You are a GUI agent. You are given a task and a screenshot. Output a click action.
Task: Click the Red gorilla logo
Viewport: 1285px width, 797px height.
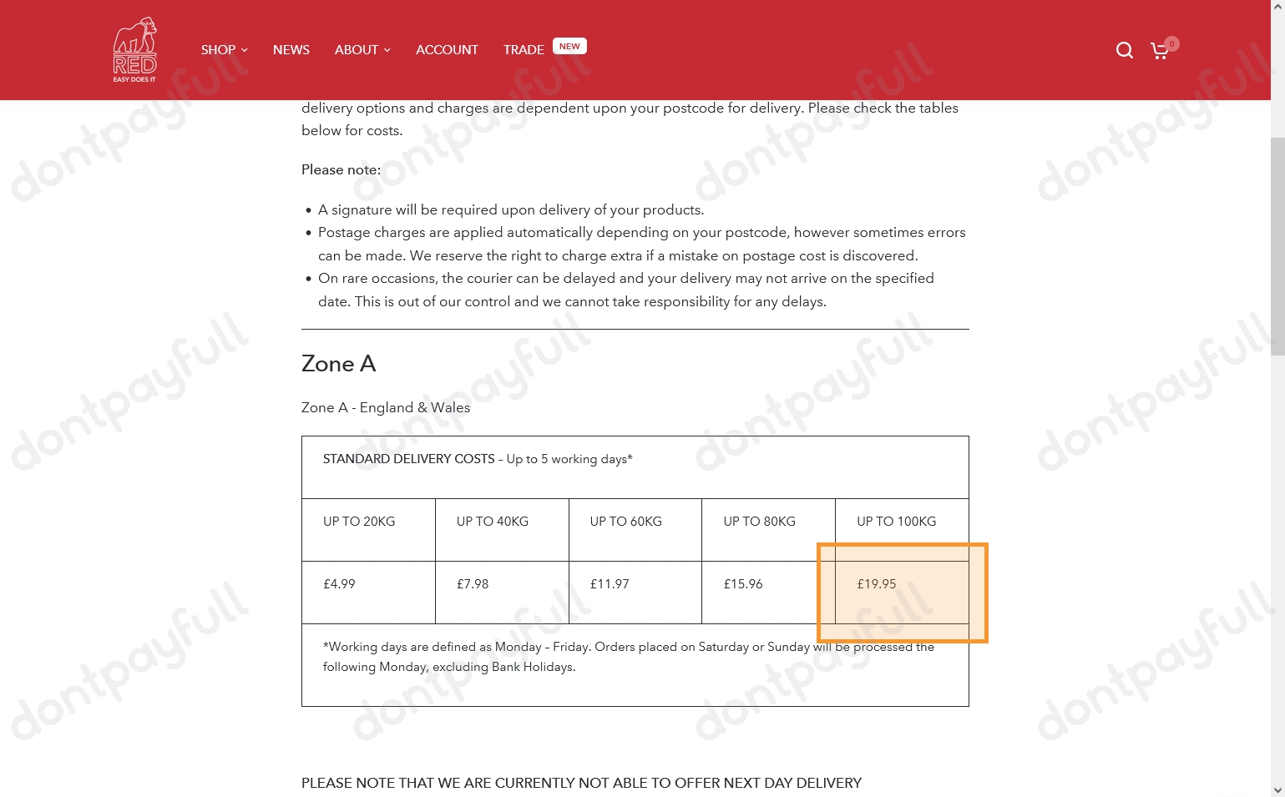point(134,50)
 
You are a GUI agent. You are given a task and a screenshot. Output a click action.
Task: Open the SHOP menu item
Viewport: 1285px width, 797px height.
point(224,50)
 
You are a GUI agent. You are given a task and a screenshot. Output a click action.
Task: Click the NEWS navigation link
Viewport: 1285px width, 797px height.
point(291,50)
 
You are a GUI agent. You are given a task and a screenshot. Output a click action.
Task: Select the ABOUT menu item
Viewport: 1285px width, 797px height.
point(362,50)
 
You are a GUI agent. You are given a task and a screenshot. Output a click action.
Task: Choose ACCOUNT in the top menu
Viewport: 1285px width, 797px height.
point(447,50)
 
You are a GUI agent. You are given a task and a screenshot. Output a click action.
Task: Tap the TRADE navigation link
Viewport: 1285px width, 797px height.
point(524,50)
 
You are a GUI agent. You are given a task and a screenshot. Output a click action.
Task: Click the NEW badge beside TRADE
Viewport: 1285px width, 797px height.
point(569,47)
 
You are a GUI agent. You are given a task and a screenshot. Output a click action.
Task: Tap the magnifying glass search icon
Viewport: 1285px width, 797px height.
point(1125,51)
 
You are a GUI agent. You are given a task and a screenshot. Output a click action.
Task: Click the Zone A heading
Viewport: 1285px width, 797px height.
point(338,364)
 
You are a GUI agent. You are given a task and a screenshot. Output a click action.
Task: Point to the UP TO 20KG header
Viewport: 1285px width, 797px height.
point(359,522)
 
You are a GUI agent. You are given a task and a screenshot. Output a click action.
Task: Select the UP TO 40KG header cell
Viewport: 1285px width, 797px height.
point(493,522)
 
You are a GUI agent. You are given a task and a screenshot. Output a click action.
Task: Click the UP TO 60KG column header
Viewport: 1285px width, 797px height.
point(625,522)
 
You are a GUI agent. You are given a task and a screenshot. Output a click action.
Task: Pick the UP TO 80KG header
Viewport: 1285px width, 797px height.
point(759,522)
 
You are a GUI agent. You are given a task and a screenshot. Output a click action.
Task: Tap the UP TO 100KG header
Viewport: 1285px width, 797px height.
point(896,522)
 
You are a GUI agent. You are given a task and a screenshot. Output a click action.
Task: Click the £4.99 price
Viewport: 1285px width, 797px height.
point(339,584)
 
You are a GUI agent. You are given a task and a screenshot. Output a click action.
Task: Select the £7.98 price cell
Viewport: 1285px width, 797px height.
point(473,584)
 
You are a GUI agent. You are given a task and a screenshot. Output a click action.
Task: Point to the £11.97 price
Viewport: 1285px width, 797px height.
point(610,584)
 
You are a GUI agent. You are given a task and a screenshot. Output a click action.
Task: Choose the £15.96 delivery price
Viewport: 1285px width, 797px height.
point(743,584)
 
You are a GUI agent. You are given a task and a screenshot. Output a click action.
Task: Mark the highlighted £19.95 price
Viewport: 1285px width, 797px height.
point(877,584)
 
